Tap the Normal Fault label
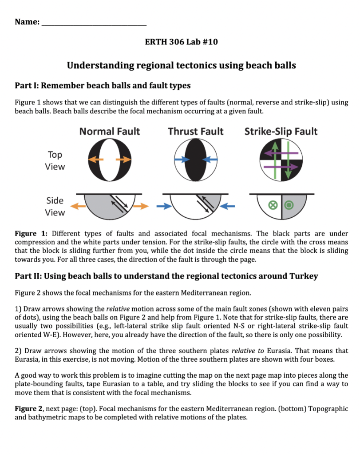click(x=109, y=131)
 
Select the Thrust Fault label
click(x=196, y=131)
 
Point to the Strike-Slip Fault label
click(x=281, y=131)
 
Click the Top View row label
click(x=55, y=160)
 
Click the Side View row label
click(x=55, y=206)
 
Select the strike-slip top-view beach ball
click(x=281, y=160)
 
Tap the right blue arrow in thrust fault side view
click(x=228, y=206)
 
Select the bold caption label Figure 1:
click(x=31, y=233)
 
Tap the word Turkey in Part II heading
click(x=304, y=276)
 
